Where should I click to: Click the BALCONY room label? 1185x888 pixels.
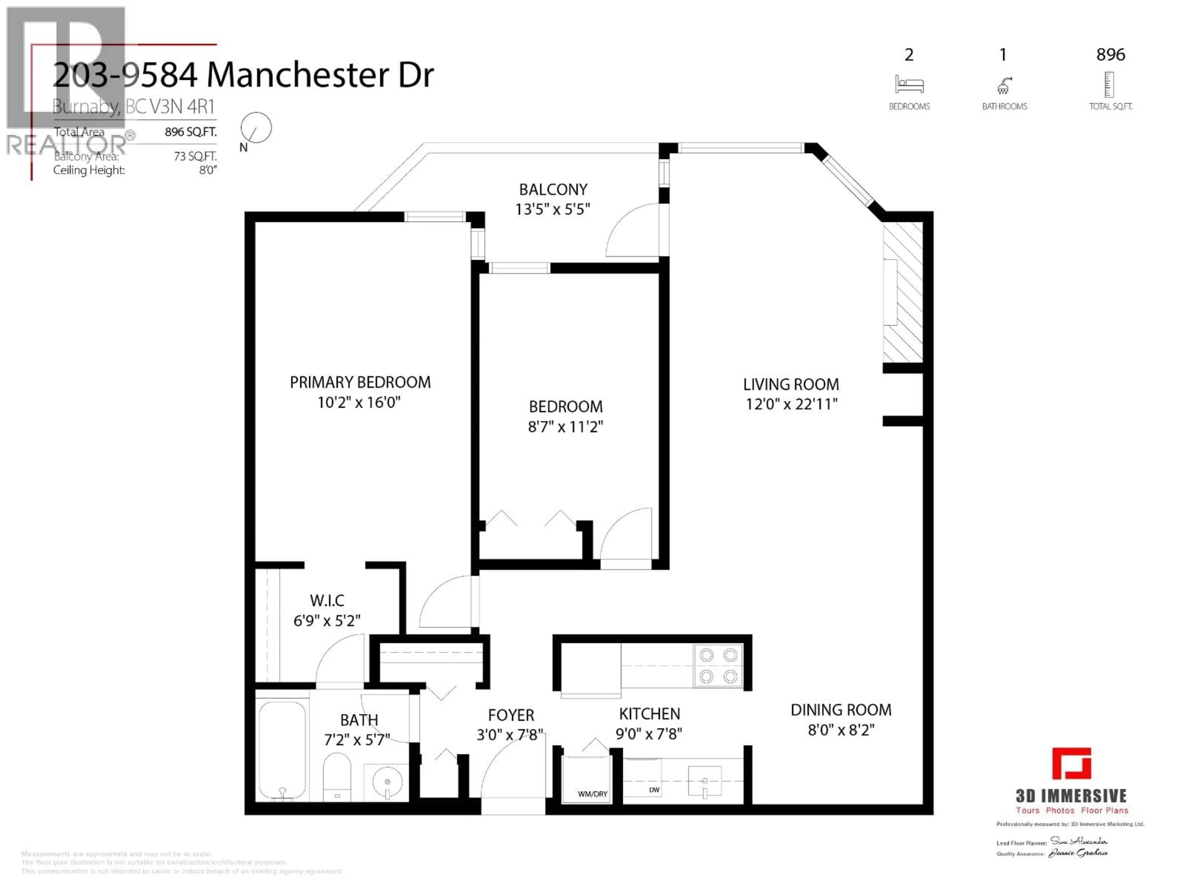pyautogui.click(x=553, y=190)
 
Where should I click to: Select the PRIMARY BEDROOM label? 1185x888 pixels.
pyautogui.click(x=360, y=382)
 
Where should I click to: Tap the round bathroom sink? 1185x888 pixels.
pyautogui.click(x=387, y=782)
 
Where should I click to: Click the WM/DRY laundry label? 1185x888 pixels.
pyautogui.click(x=592, y=794)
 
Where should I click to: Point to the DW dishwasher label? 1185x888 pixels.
pyautogui.click(x=654, y=790)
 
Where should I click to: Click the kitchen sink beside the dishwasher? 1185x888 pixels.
pyautogui.click(x=705, y=782)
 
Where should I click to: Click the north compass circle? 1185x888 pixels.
pyautogui.click(x=256, y=127)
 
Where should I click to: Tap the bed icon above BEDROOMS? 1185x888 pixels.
pyautogui.click(x=909, y=84)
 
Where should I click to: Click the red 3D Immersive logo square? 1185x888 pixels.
pyautogui.click(x=1071, y=763)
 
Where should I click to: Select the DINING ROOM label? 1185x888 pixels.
pyautogui.click(x=841, y=710)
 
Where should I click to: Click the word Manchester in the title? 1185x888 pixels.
pyautogui.click(x=297, y=75)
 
